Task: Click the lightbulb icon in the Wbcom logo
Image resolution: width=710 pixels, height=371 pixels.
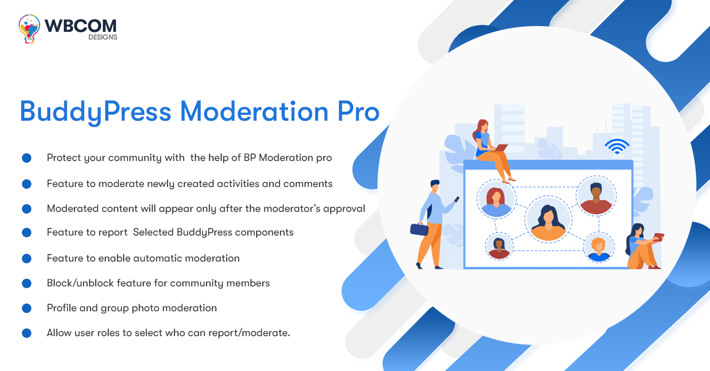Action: pos(29,28)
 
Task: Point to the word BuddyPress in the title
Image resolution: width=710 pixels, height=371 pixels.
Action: pos(95,112)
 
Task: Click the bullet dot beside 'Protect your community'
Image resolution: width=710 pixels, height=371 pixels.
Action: pos(26,158)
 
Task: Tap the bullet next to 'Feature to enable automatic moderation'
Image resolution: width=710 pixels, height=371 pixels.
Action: pos(26,259)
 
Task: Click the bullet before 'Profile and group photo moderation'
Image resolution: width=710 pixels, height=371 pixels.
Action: pos(26,308)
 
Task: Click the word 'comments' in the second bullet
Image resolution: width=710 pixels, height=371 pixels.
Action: pos(308,184)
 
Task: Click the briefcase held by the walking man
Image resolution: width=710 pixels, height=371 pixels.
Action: pos(419,230)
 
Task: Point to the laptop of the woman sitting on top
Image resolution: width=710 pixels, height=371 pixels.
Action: pos(501,147)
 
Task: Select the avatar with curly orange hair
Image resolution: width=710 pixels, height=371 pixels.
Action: pos(599,247)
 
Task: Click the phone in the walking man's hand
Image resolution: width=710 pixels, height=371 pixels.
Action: pos(456,199)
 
